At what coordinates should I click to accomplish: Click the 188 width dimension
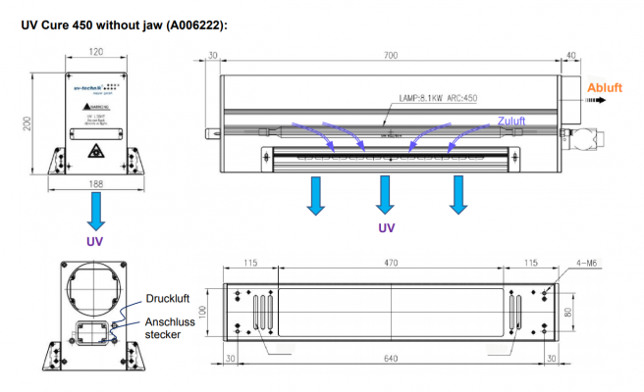(x=95, y=182)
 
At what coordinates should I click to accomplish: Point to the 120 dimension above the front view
(x=96, y=51)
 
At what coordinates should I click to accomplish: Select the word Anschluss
(x=169, y=320)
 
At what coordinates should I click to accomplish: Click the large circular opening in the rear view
(x=94, y=286)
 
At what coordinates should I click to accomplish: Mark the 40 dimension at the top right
(x=571, y=55)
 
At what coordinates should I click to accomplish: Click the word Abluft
(x=605, y=88)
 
